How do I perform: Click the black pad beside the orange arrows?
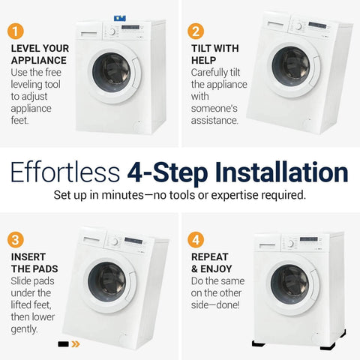click(x=64, y=346)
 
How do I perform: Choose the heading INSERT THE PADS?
click(x=33, y=263)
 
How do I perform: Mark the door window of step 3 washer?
click(x=108, y=280)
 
